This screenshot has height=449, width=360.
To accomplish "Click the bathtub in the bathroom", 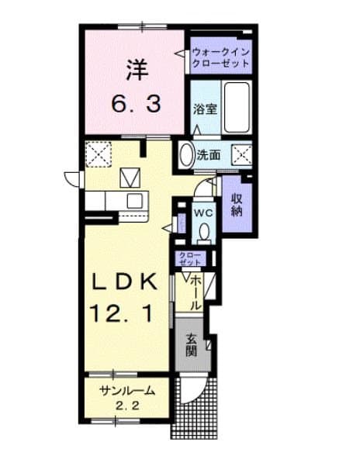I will [234, 108].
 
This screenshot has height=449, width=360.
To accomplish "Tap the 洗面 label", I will [208, 154].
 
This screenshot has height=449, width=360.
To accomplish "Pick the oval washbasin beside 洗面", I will [186, 154].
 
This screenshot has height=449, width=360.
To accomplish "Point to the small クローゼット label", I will [190, 259].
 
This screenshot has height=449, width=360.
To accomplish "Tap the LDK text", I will [126, 282].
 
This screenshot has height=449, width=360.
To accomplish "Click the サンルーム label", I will [125, 391].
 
